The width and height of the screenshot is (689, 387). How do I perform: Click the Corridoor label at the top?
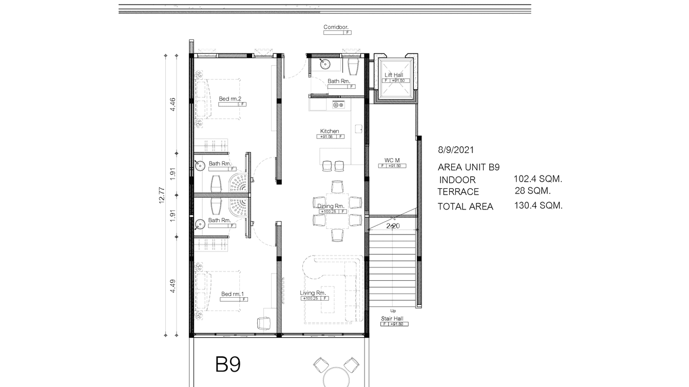click(336, 27)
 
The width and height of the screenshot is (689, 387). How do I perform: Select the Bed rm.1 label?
click(232, 294)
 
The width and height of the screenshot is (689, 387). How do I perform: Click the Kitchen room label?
click(329, 131)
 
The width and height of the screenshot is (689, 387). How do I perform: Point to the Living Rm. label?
click(313, 293)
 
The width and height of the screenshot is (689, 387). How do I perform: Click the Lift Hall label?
click(394, 75)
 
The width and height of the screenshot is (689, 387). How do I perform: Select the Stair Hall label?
click(392, 319)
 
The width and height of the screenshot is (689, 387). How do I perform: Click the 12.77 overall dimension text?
click(162, 195)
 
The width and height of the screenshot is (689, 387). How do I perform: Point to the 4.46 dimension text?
click(173, 104)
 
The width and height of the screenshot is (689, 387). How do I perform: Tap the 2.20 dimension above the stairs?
click(393, 225)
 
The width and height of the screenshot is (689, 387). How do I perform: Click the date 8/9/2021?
click(456, 150)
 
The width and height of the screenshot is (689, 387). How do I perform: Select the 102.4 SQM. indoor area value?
click(538, 179)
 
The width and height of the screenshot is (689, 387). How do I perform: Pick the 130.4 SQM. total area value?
click(538, 205)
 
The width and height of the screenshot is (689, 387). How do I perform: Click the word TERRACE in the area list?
click(458, 192)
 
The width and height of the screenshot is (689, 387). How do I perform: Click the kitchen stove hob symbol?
click(338, 105)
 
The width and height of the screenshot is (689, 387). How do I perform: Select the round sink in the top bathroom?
click(324, 64)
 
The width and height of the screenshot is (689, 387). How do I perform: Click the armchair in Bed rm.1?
click(263, 323)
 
